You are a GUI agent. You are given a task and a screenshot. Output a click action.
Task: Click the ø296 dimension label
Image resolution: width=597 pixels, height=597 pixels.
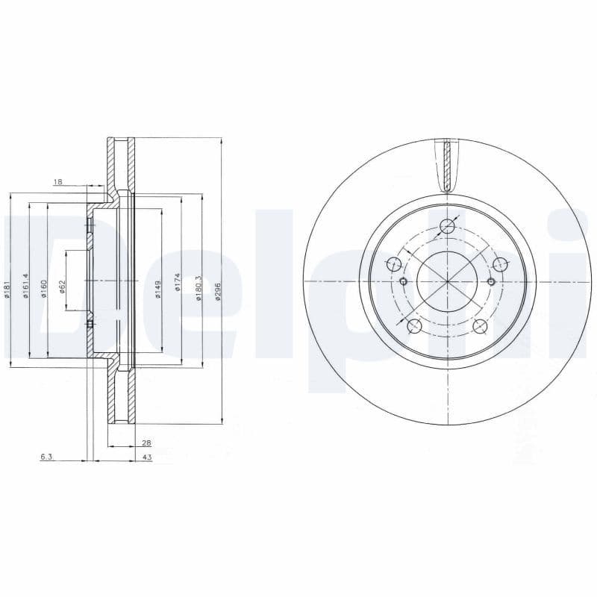point(219,290)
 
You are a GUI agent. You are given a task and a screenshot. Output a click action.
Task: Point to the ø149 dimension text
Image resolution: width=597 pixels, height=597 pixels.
point(158,289)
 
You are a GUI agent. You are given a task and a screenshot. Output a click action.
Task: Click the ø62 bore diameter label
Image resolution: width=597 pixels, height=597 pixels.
point(63,287)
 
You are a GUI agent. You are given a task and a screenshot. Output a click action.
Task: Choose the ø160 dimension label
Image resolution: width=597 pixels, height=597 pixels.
point(44,288)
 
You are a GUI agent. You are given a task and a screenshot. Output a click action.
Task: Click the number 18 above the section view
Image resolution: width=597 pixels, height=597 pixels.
point(58,181)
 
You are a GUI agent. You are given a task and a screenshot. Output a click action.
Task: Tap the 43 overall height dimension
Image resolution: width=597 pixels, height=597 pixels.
point(146,457)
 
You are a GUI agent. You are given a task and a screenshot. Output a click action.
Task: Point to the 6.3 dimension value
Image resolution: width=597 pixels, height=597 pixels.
point(46,457)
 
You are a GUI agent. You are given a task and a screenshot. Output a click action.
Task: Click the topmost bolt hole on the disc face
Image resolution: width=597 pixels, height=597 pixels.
point(448,227)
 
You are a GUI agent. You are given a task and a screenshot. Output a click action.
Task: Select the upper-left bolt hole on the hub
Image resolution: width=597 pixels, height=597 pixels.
point(395,263)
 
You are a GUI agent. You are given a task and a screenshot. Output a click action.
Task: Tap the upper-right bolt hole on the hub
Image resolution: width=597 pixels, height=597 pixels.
point(500,263)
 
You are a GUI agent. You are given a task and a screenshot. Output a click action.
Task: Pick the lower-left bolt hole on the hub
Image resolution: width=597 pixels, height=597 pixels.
point(414,326)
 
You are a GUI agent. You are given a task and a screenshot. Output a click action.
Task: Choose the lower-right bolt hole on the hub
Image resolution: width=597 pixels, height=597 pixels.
point(481,326)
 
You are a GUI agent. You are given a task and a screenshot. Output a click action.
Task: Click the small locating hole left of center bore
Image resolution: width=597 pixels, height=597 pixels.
point(404,281)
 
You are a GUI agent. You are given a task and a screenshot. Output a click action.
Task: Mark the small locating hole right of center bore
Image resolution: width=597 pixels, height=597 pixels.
point(491,281)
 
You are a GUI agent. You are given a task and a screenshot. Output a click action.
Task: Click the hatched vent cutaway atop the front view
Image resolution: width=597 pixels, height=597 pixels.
point(447,166)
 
